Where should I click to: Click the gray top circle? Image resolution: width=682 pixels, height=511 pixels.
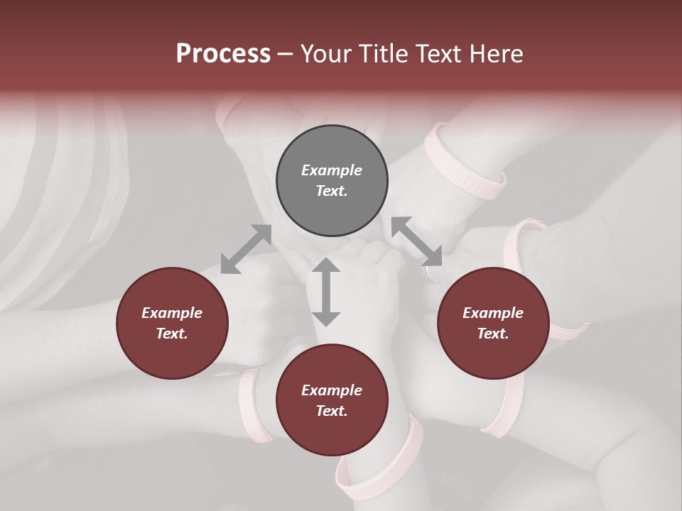pos(332,181)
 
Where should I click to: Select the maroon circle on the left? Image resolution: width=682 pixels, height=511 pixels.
pos(172,323)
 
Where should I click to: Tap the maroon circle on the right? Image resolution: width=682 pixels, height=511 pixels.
pos(493,323)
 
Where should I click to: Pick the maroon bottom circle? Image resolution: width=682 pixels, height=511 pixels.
pos(332,400)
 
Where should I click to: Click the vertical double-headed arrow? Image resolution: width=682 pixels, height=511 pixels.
pos(326,292)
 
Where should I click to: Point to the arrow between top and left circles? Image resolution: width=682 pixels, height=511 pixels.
pos(246,249)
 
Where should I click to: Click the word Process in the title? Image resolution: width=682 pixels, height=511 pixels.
pos(223,53)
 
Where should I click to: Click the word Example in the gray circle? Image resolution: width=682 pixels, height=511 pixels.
pos(332,170)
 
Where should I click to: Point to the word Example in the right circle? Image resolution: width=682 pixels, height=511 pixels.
pos(493,313)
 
